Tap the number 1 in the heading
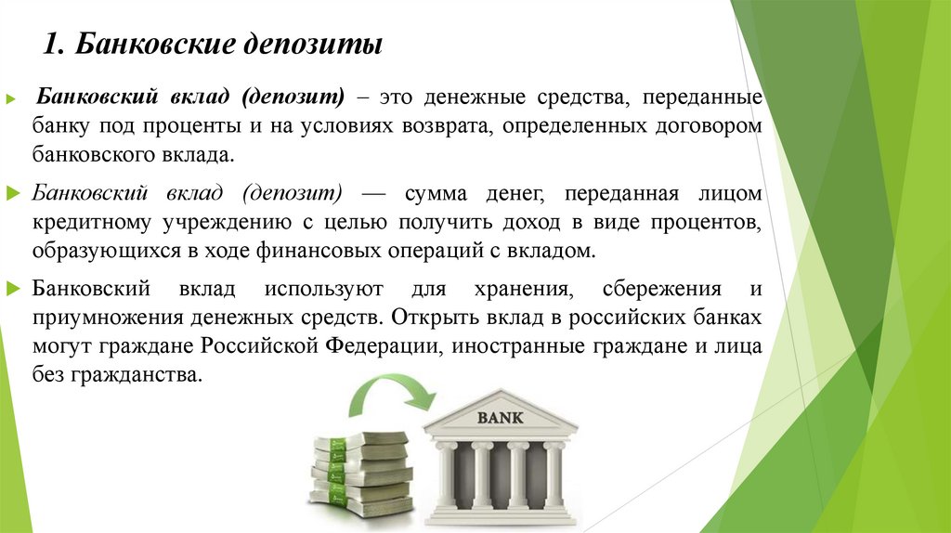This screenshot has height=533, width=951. click(53, 45)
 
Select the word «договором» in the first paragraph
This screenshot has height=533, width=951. click(709, 125)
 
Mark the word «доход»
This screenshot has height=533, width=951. click(553, 224)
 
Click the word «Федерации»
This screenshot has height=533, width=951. click(382, 346)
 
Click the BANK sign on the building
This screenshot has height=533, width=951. click(500, 417)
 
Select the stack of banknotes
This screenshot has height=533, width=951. click(361, 474)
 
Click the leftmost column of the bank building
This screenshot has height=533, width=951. click(447, 475)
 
